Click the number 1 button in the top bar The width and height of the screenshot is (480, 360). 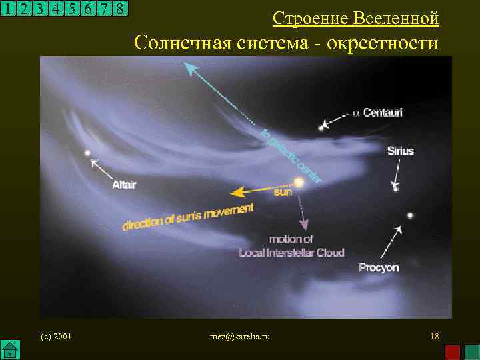point(8,9)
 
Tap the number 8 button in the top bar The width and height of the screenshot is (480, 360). point(119,9)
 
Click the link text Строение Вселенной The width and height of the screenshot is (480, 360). point(356,18)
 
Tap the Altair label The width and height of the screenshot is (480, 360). point(124,185)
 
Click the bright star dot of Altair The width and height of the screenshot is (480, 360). point(87,153)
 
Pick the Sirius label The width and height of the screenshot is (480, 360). point(401,151)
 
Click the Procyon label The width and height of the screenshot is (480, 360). point(379,267)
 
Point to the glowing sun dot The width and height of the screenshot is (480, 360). point(298,182)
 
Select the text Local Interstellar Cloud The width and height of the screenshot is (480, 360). point(292,253)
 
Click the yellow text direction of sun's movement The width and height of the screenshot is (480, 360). point(187,217)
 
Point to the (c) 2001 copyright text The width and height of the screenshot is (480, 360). point(56,336)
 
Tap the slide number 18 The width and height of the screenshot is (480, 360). point(435,336)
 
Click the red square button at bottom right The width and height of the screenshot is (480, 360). point(453,352)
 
